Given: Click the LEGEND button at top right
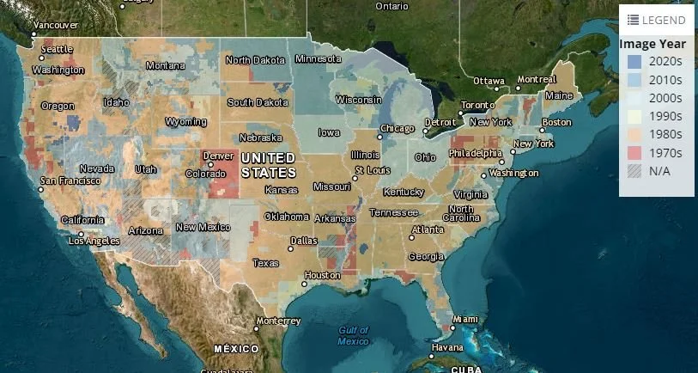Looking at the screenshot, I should (x=656, y=20).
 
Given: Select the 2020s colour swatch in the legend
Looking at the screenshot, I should (x=634, y=62).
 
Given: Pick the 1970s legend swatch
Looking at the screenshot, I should (x=634, y=153).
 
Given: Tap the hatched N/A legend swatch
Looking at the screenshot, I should (x=634, y=171).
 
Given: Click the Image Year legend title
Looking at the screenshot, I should (x=652, y=44).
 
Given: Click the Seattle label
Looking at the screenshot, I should (x=57, y=49).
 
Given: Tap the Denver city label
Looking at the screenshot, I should (x=219, y=156).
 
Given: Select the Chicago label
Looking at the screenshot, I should (x=398, y=128).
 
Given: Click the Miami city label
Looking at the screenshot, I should (x=465, y=319).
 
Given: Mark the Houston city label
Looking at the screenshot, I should (x=323, y=275).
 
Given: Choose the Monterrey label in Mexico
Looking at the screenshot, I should (x=279, y=321).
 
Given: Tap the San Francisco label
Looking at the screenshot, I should (x=70, y=180).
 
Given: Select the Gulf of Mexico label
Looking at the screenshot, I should (x=353, y=335).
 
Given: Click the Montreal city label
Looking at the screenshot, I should (x=537, y=79).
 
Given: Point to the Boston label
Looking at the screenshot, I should (x=556, y=122).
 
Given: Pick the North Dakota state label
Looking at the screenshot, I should (x=256, y=59).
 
